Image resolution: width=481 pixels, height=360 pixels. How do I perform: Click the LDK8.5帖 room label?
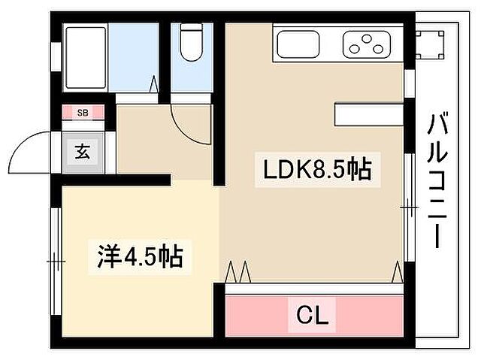[316, 170]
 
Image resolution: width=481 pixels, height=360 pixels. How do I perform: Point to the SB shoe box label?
[82, 113]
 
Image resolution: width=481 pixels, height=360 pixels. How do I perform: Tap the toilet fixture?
[192, 43]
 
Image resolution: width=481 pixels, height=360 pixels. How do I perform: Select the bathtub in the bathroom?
[86, 56]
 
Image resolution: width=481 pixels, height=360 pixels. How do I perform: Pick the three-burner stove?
[368, 44]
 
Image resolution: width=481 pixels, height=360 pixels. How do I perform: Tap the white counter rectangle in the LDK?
[368, 114]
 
